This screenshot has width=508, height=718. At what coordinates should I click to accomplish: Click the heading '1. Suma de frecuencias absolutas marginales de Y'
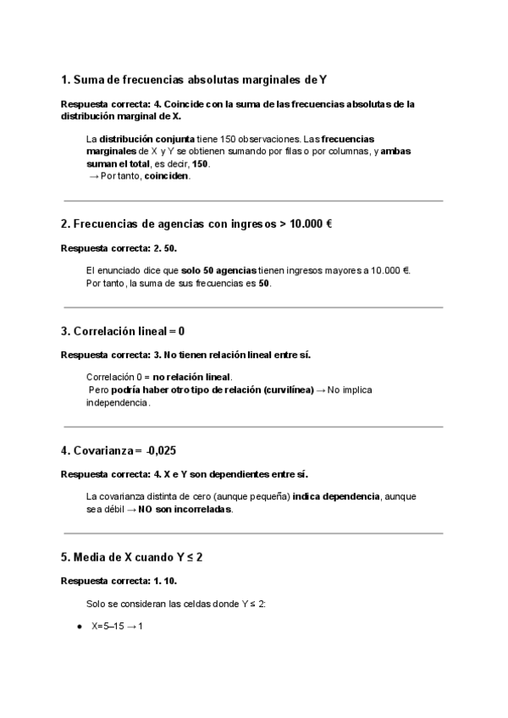click(194, 80)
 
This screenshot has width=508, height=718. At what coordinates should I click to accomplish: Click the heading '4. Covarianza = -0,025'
click(124, 450)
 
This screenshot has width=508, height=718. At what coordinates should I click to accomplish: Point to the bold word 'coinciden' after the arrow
click(167, 176)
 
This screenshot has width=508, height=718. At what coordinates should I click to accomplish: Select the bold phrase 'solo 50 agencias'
click(218, 271)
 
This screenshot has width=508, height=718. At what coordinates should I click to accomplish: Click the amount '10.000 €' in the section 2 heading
click(310, 224)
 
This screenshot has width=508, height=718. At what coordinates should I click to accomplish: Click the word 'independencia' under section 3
click(118, 403)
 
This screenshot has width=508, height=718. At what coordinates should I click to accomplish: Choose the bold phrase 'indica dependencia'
click(335, 496)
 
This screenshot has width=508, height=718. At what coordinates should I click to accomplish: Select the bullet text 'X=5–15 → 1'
click(118, 627)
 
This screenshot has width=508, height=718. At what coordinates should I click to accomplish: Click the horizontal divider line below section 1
click(253, 201)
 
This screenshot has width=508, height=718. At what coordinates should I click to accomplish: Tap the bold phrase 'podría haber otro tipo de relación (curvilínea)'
click(211, 390)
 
